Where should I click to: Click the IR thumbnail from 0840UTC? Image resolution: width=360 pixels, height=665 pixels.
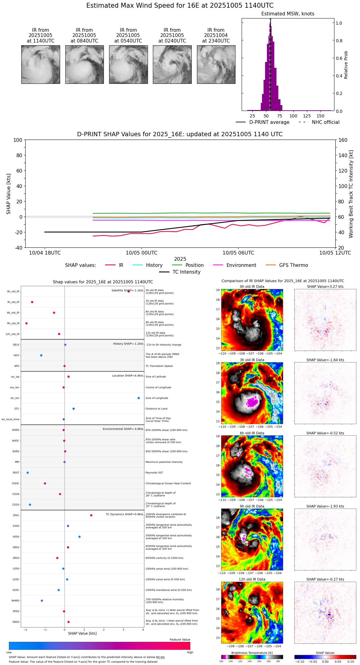(84, 64)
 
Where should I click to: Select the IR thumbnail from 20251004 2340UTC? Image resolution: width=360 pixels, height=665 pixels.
(216, 64)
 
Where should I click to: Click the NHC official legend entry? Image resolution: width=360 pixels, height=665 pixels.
(325, 122)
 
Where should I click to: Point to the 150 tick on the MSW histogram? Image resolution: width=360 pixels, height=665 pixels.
(321, 116)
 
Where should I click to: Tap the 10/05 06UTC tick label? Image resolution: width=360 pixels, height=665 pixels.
(238, 253)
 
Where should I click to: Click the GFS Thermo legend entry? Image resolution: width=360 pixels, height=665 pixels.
(293, 265)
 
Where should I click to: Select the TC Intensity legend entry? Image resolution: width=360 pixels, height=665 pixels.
(186, 272)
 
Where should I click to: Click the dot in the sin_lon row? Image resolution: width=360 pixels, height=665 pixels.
(139, 398)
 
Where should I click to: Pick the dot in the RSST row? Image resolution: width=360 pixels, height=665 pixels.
(28, 473)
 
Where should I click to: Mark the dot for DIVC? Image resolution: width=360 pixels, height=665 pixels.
(91, 515)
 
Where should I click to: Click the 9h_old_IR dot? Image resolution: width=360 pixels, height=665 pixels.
(27, 323)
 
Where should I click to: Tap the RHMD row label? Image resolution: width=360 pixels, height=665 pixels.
(15, 601)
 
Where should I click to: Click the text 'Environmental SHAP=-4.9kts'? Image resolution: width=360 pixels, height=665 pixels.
(123, 429)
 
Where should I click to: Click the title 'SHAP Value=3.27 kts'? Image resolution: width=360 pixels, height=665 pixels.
(325, 287)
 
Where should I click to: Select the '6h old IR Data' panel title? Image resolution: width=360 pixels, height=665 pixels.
(252, 433)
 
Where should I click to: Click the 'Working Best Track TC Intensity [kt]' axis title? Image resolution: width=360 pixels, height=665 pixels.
(351, 194)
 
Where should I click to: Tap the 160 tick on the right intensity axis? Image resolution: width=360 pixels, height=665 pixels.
(343, 140)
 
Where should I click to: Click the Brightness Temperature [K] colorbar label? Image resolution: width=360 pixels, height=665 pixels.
(252, 653)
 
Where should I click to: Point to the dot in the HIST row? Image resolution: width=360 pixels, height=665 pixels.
(41, 355)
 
